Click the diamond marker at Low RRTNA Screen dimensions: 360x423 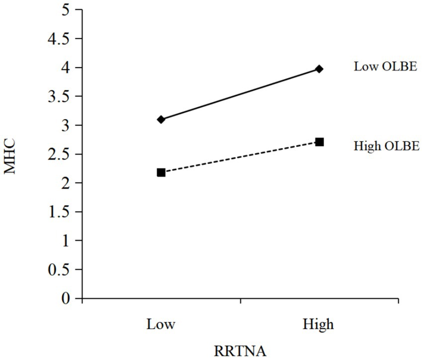point(161,119)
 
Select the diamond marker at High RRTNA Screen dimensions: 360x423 point(320,69)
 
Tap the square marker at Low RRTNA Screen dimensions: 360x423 point(161,172)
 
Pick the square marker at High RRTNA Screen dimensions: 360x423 point(320,142)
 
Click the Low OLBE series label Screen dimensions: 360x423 point(385,67)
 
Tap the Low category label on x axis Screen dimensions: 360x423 point(161,325)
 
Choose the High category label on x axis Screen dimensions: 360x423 point(318,325)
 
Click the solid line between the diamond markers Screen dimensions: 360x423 point(240,94)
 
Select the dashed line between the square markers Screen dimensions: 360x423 point(240,157)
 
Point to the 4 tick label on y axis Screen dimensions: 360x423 point(63,68)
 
